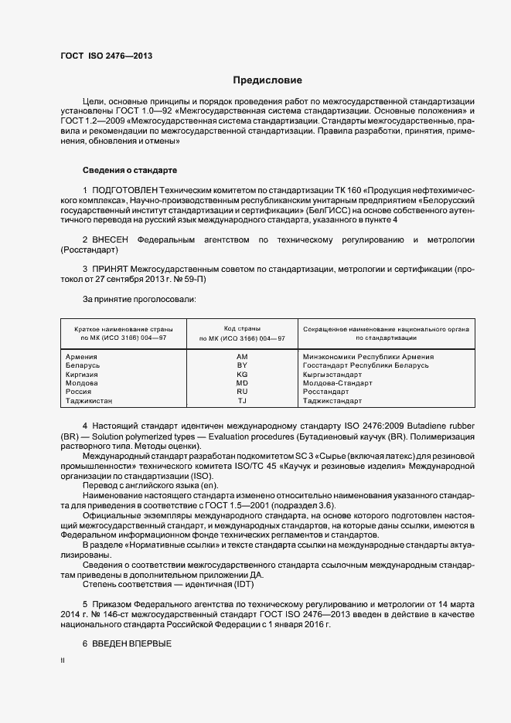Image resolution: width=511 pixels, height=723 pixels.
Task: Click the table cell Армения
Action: tap(82, 357)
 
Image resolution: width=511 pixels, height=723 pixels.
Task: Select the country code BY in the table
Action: tap(242, 365)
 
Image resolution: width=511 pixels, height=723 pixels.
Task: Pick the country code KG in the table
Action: tap(242, 374)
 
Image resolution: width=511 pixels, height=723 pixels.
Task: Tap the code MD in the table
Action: tap(242, 383)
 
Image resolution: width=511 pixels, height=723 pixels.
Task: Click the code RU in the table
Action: tap(242, 392)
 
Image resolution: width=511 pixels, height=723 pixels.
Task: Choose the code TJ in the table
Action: tap(242, 401)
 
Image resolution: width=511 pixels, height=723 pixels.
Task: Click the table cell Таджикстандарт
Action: tap(332, 401)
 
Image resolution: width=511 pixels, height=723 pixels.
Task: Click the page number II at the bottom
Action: tap(63, 661)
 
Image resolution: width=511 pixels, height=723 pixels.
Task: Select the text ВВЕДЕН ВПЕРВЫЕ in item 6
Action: tap(131, 644)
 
